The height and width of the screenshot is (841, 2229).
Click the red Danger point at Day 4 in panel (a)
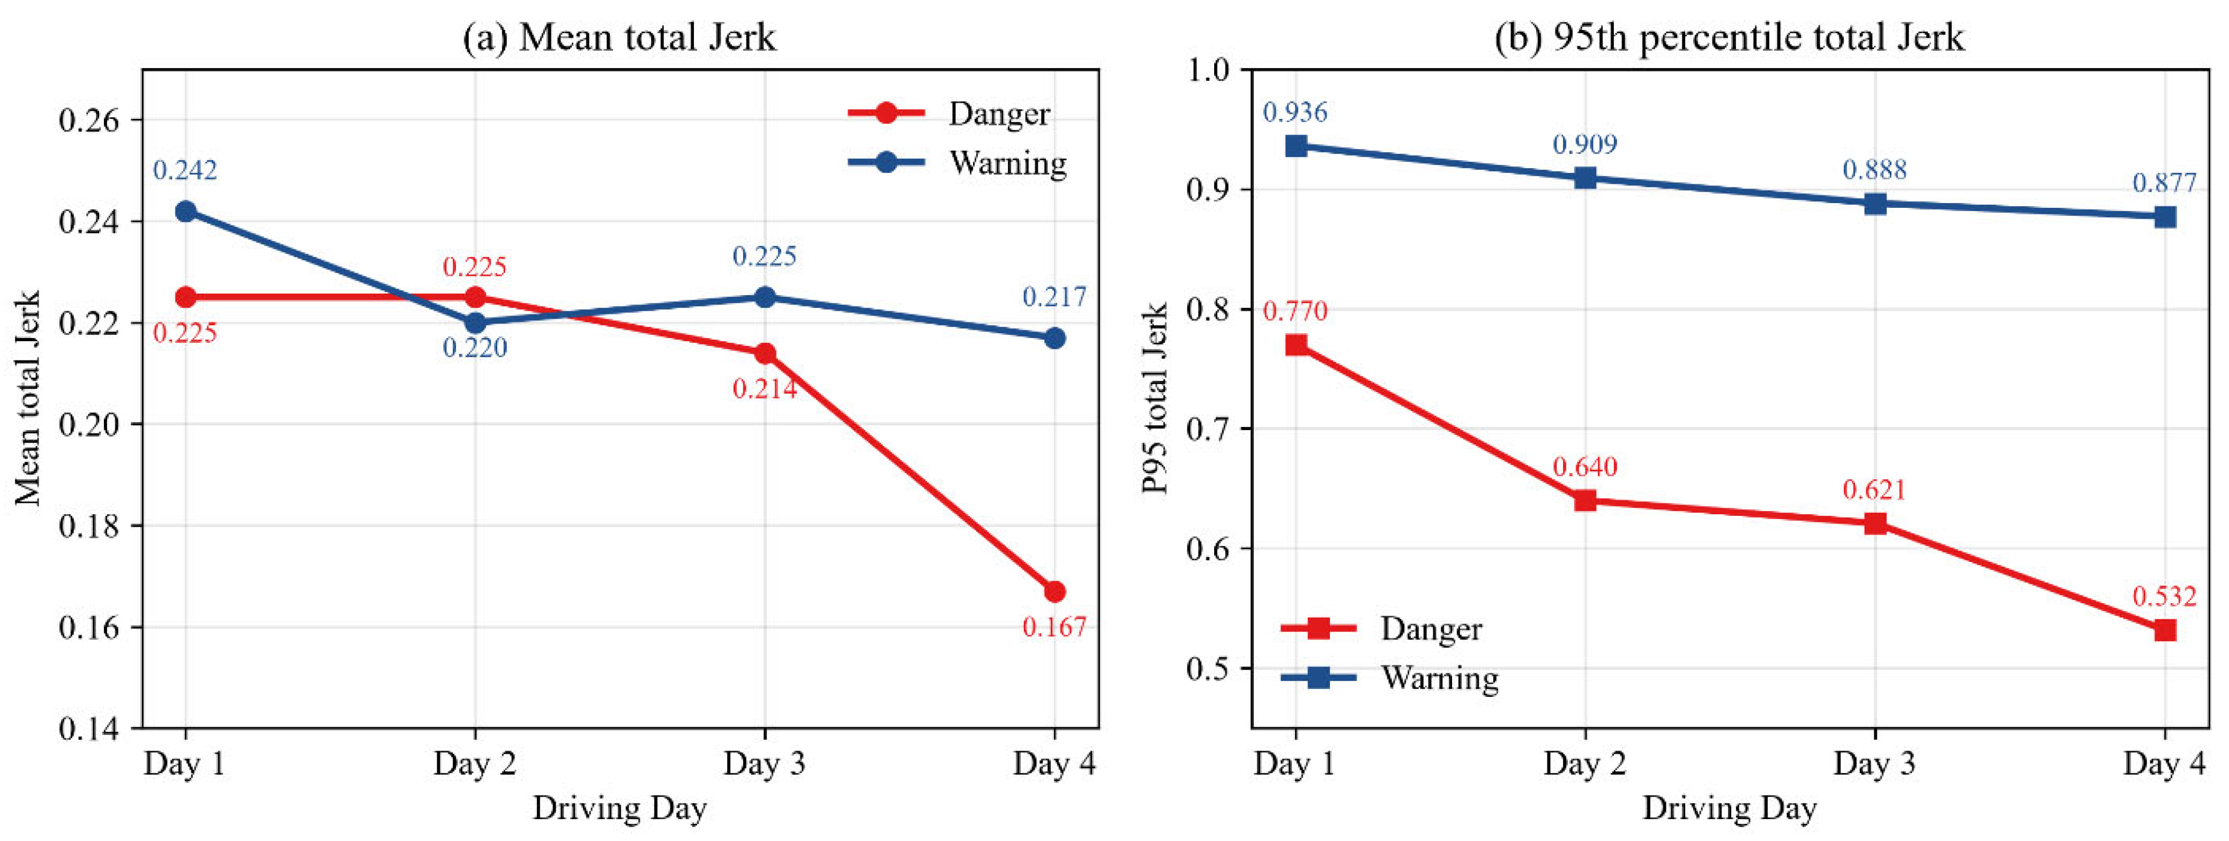tap(1054, 592)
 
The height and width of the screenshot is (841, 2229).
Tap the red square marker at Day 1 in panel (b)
tap(1296, 345)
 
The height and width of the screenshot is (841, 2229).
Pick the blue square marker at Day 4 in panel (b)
tap(2165, 216)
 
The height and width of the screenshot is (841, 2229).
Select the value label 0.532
tap(2164, 596)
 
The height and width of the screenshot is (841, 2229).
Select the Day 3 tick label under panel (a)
tap(764, 763)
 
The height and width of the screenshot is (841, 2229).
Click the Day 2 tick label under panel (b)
tap(1584, 763)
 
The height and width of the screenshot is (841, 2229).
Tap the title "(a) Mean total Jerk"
tap(619, 37)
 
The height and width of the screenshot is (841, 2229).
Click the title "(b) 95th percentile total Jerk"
tap(1730, 37)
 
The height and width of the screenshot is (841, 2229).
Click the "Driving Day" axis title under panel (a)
tap(619, 808)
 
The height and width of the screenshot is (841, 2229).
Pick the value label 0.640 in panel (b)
tap(1584, 467)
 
